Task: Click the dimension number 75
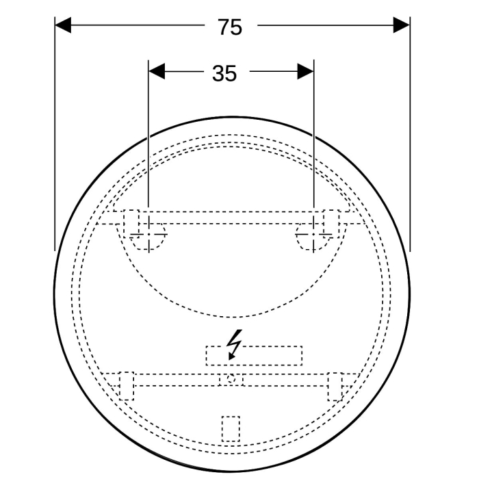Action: [x=230, y=27]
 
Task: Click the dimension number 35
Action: [x=224, y=74]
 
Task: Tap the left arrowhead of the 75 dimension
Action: [x=63, y=25]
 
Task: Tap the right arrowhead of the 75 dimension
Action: [x=401, y=25]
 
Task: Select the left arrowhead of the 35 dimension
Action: [x=157, y=71]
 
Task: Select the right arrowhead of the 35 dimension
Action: [x=305, y=71]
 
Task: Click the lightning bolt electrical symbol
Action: [x=234, y=344]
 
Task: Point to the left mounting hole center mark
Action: [x=148, y=234]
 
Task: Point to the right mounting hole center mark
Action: [x=313, y=234]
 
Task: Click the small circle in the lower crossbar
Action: [x=231, y=380]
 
